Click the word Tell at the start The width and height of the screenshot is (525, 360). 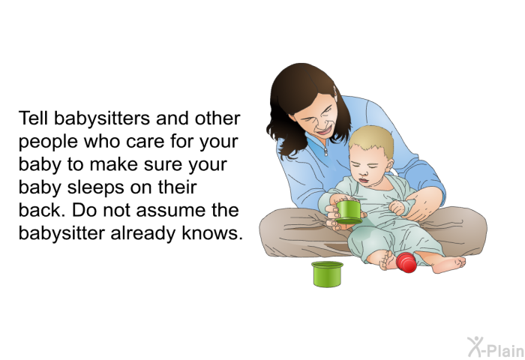33,119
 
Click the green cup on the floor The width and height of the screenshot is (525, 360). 327,273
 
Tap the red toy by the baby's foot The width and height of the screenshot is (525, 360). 406,262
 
